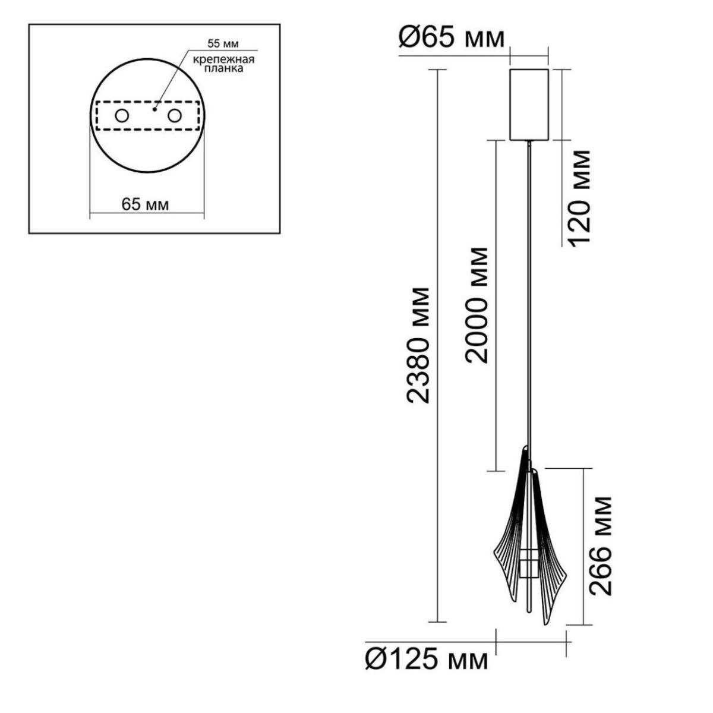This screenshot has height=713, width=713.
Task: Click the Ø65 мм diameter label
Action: [452, 39]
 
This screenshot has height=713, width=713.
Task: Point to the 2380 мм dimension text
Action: [418, 345]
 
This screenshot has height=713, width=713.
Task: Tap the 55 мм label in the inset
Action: [223, 43]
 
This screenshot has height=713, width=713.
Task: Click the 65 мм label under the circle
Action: [145, 204]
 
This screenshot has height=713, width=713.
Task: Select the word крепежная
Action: [224, 59]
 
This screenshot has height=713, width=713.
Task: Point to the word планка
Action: [224, 68]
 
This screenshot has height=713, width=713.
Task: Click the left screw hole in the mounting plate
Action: [122, 116]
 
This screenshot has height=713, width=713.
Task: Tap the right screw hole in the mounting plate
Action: [174, 116]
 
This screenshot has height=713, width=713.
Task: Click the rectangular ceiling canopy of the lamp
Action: [529, 105]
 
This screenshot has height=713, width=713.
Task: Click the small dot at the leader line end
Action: [154, 109]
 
